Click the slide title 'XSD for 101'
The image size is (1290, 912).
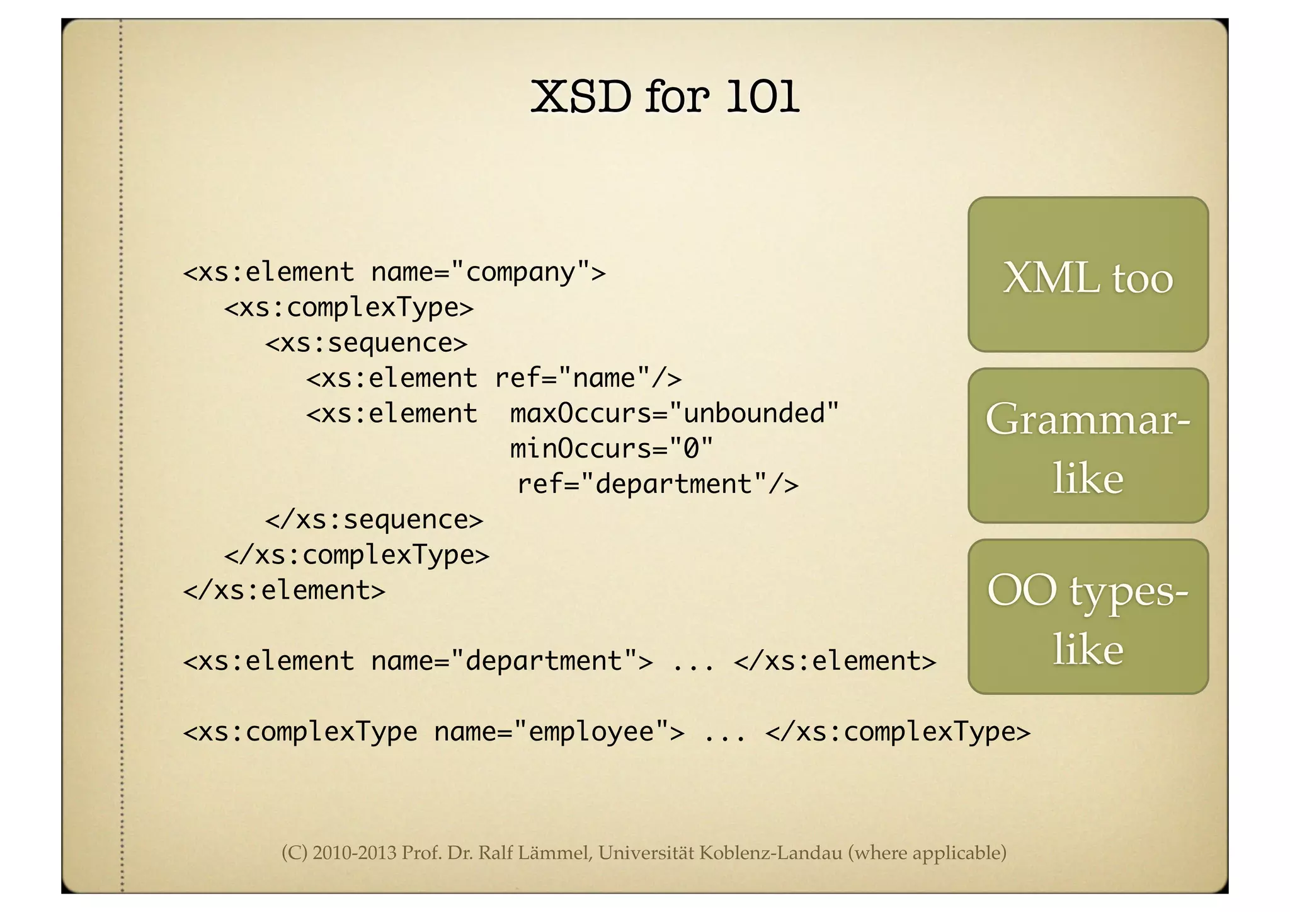coord(665,97)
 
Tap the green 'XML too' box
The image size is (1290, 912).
coord(1088,275)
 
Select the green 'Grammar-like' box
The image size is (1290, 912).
coord(1088,446)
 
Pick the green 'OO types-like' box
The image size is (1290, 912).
coord(1088,617)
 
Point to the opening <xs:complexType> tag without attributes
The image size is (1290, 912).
coord(348,308)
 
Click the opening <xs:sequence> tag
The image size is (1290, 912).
coord(366,343)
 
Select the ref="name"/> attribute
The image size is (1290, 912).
coord(588,378)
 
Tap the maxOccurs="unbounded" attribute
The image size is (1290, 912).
coord(674,413)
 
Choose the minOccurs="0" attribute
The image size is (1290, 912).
coord(611,449)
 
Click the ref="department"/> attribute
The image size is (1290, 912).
coord(658,484)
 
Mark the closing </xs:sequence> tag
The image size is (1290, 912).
coord(374,519)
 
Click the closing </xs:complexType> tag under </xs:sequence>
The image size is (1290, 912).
coord(357,555)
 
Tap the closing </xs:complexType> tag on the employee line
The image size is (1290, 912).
coord(898,732)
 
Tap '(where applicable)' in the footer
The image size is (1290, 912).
coord(927,853)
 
